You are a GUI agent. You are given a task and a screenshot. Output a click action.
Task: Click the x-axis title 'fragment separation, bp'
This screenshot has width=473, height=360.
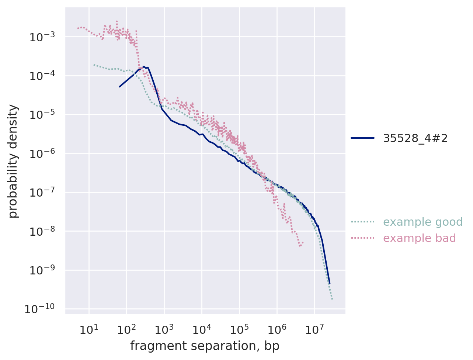click(205, 346)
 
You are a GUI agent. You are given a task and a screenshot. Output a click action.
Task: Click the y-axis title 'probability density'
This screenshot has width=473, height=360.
click(14, 161)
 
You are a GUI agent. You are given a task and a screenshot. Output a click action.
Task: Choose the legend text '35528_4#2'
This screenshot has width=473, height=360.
click(415, 138)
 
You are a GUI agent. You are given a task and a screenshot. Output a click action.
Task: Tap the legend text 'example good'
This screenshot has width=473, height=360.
click(423, 222)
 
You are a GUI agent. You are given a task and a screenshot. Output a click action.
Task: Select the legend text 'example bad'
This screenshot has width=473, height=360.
click(420, 238)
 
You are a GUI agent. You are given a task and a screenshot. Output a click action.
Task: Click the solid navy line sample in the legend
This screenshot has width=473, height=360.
click(362, 138)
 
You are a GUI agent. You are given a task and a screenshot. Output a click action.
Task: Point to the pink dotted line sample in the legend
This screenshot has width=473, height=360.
click(362, 238)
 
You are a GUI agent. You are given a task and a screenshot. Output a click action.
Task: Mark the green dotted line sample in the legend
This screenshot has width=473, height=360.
click(362, 222)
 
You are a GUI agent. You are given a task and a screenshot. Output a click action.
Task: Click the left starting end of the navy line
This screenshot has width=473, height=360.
click(119, 87)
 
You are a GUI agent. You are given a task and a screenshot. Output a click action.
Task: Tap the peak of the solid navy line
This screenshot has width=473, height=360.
click(144, 67)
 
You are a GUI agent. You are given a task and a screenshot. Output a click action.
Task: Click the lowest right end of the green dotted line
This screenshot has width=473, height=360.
click(332, 299)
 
